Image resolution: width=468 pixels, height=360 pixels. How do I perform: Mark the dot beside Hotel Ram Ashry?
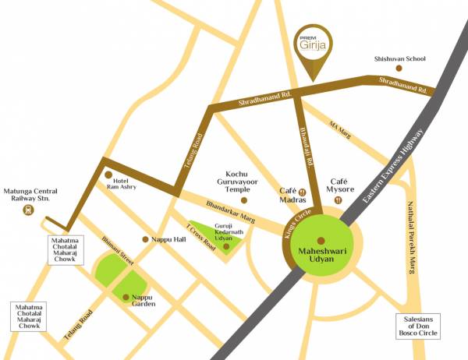click(x=108, y=175)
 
